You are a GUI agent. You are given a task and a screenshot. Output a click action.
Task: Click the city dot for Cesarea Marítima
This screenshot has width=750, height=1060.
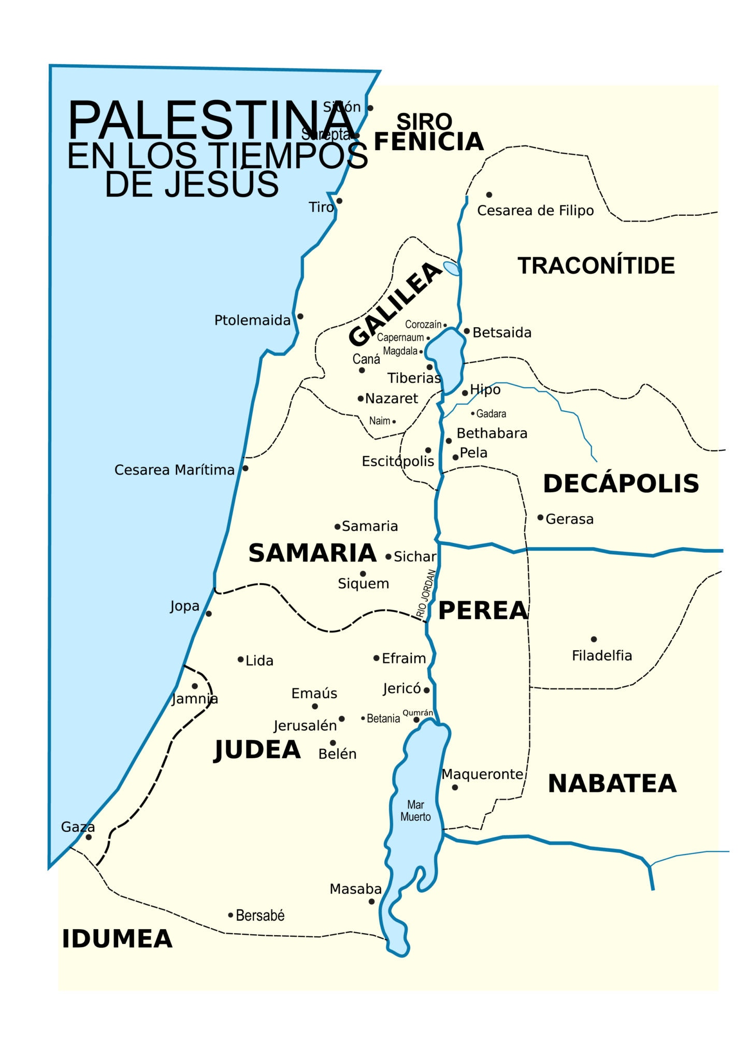tap(246, 468)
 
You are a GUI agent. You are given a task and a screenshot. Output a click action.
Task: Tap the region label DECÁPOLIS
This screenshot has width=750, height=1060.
tap(621, 483)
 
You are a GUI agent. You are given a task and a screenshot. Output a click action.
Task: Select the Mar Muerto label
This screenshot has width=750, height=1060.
tap(415, 811)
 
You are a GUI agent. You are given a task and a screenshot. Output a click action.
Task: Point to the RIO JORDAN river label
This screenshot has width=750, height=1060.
tap(426, 594)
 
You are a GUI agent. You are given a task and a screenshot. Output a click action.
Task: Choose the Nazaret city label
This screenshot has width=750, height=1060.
tap(392, 399)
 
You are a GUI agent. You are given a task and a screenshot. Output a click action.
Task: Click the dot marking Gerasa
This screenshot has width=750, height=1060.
tap(540, 518)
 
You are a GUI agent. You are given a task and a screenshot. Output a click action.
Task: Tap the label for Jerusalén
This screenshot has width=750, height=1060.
tap(305, 726)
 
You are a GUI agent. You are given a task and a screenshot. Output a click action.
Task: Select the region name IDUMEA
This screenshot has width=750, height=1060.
tap(117, 939)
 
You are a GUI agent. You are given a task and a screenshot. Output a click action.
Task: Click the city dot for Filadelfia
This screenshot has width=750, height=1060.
tap(594, 639)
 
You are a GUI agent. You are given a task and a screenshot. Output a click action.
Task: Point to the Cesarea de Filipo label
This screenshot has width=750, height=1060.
tap(535, 211)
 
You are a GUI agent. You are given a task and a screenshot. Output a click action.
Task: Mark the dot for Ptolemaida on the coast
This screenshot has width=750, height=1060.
tap(300, 316)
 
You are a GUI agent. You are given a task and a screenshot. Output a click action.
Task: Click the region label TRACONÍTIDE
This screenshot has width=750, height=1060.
tap(596, 266)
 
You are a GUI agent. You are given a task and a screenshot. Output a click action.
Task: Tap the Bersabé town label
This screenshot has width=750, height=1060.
tap(260, 916)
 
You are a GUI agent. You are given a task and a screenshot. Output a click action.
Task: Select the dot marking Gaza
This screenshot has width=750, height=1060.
tap(89, 837)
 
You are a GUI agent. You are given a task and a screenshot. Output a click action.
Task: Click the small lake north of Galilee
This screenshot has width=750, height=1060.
tap(452, 269)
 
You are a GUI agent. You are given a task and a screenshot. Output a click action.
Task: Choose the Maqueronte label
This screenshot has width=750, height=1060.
tap(483, 774)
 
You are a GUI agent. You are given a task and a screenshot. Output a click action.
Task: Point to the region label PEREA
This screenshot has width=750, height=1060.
tap(483, 611)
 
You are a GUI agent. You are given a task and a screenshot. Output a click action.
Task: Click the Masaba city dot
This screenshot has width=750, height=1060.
tap(371, 902)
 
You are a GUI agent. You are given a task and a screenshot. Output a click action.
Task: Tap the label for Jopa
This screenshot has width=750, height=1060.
tap(185, 606)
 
